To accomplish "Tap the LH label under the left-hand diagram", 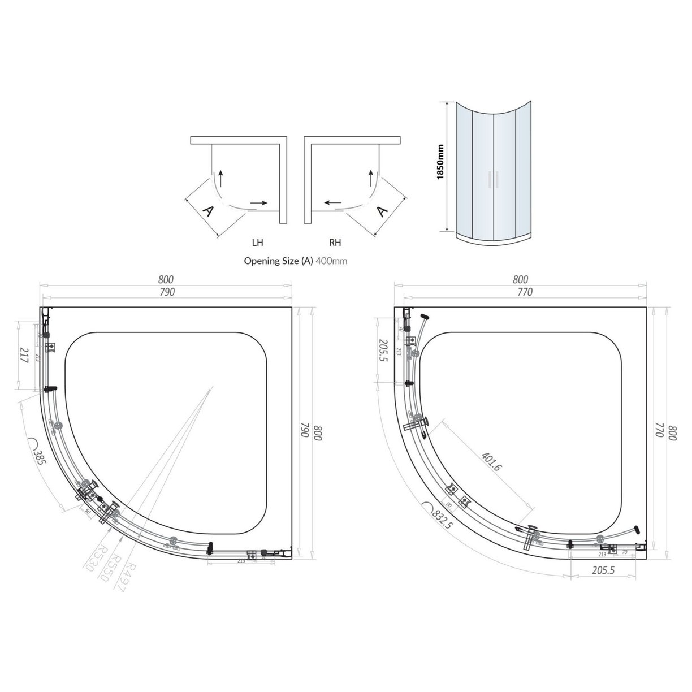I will [257, 243].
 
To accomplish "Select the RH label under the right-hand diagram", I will [335, 243].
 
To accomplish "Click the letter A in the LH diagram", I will [208, 211].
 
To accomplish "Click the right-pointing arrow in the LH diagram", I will [258, 202].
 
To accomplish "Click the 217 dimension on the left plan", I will [24, 356].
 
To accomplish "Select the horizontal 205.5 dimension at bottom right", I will [603, 571].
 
